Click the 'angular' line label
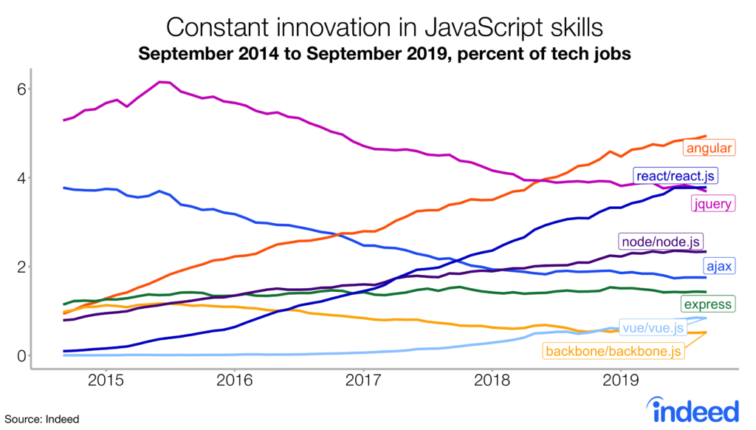point(709,149)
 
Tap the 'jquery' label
point(710,203)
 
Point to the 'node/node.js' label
point(661,241)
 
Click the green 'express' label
point(707,304)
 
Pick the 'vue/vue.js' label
point(654,327)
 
